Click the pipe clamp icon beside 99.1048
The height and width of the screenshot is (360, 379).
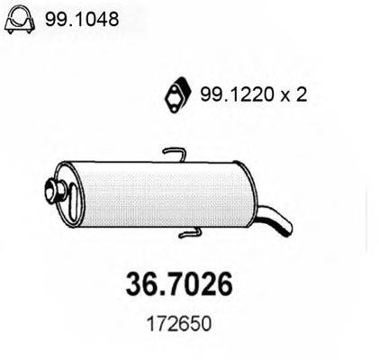tap(21, 20)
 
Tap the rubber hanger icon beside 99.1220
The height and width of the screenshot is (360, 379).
tap(175, 93)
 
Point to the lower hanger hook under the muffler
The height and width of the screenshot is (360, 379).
tap(193, 235)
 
